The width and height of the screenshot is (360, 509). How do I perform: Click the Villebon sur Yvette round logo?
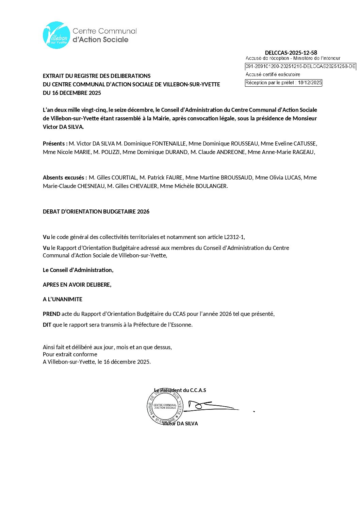(56, 35)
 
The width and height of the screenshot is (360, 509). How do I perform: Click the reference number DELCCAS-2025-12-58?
(291, 53)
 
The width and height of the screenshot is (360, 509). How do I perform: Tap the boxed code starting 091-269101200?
(300, 66)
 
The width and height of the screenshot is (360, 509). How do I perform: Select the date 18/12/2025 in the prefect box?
(310, 83)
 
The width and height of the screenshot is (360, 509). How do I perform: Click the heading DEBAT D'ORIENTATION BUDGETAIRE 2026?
(96, 211)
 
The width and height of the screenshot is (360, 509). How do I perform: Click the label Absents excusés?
(64, 177)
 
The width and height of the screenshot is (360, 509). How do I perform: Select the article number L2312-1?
(234, 237)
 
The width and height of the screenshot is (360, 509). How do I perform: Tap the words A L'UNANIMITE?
(63, 299)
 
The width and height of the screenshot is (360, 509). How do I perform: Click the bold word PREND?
(51, 314)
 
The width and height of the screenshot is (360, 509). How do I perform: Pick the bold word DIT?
(47, 325)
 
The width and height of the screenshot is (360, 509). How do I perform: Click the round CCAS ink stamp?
(165, 407)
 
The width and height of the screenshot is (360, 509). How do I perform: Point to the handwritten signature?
(211, 406)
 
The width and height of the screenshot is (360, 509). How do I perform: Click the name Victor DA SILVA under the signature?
(180, 424)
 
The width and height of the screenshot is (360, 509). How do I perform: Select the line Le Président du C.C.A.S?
(180, 390)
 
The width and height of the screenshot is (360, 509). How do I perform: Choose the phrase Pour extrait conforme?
(70, 354)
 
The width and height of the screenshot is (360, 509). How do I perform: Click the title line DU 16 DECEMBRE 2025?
(72, 93)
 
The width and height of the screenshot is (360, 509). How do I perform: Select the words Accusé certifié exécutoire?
(273, 74)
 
